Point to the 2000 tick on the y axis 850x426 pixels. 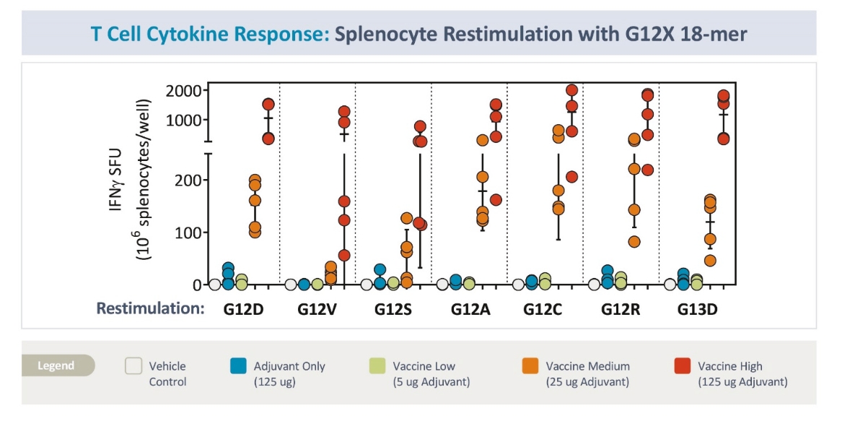[x=183, y=90]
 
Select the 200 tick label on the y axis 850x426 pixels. [x=190, y=180]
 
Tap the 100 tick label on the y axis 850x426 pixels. [x=190, y=232]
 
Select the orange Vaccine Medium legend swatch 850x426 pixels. [x=530, y=366]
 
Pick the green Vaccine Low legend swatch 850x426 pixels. [x=377, y=366]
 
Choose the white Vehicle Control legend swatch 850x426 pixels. [x=133, y=366]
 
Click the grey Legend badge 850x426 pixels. [x=58, y=365]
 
